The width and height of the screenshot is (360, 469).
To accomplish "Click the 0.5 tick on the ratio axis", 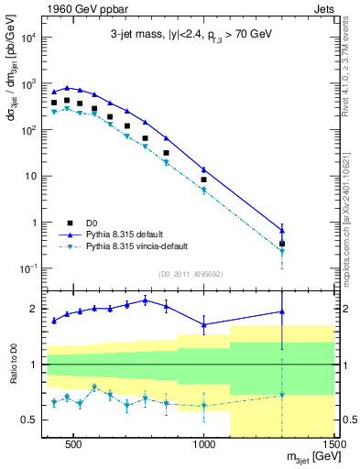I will pyautogui.click(x=31, y=420).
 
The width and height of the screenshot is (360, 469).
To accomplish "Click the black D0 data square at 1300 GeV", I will pyautogui.click(x=282, y=244).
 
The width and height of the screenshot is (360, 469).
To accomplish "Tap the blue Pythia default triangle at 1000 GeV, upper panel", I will pyautogui.click(x=204, y=169).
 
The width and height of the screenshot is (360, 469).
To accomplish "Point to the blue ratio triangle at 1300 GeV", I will pyautogui.click(x=282, y=311).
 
